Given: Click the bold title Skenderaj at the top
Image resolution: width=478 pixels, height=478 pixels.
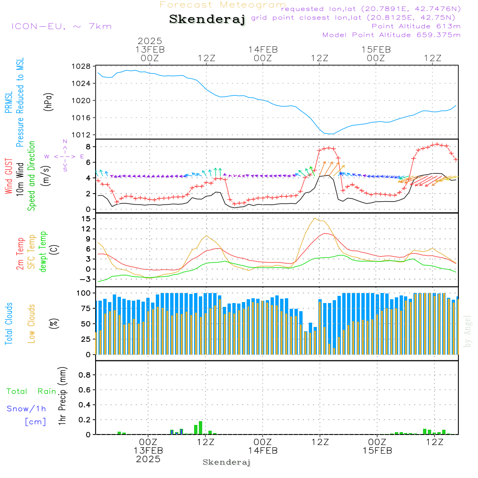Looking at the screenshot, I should click(x=207, y=20).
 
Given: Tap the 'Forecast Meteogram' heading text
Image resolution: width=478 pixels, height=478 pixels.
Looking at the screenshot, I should click(x=223, y=5).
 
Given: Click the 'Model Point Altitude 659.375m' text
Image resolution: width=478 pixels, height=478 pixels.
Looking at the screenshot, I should click(x=391, y=35).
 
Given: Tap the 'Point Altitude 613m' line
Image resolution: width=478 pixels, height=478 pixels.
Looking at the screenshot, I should click(x=416, y=26).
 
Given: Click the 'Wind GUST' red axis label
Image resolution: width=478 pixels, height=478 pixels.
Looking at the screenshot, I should click(x=9, y=177).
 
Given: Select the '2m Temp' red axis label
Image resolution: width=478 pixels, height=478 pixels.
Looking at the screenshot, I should click(x=20, y=252).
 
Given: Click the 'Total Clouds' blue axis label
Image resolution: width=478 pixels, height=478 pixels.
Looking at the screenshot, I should click(x=9, y=324).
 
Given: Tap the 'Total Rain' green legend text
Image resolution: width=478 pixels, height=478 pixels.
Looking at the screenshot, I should click(x=32, y=391).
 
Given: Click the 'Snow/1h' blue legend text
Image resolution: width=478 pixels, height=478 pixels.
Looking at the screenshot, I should click(x=27, y=409).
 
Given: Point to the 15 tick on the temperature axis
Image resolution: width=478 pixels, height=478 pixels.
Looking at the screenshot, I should click(x=86, y=218).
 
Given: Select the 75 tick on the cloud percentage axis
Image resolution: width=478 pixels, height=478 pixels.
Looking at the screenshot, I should click(x=85, y=308).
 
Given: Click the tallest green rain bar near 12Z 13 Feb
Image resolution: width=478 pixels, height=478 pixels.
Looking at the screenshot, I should click(x=200, y=428).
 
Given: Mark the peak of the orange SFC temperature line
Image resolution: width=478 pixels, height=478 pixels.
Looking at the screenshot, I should click(x=315, y=218).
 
